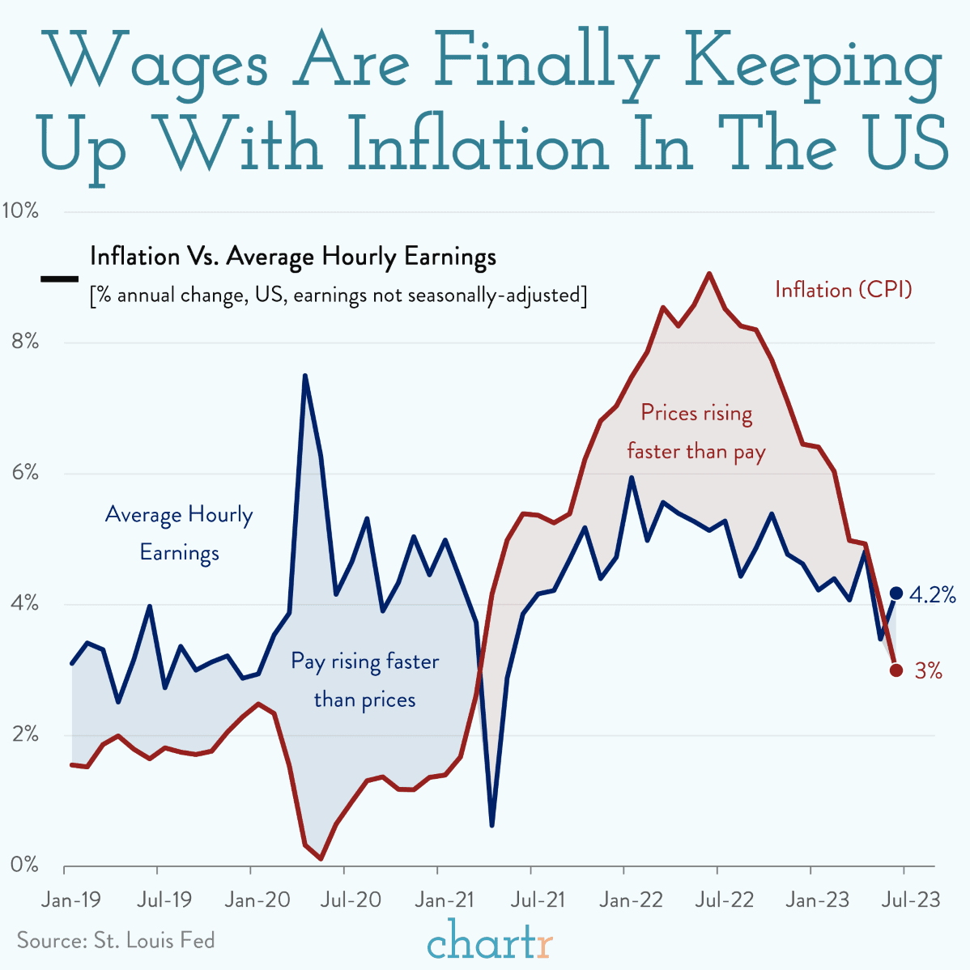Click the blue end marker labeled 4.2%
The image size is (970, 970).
[896, 593]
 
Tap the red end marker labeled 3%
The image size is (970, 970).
[896, 670]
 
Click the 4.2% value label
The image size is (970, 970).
[933, 596]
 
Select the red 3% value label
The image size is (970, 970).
[928, 671]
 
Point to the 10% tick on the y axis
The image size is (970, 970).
[20, 211]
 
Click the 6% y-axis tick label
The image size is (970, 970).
[24, 473]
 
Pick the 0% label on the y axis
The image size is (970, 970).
[24, 865]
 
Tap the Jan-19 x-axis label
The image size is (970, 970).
[70, 900]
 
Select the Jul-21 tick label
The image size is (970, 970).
[531, 900]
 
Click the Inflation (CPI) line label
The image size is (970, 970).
[843, 289]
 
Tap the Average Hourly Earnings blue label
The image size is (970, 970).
[179, 534]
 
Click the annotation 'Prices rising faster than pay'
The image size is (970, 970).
[696, 432]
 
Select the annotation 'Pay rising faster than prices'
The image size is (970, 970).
[364, 680]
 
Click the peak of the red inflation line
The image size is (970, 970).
[709, 274]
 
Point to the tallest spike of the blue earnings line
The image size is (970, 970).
[305, 376]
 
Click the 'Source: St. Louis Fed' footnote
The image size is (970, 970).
[116, 940]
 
